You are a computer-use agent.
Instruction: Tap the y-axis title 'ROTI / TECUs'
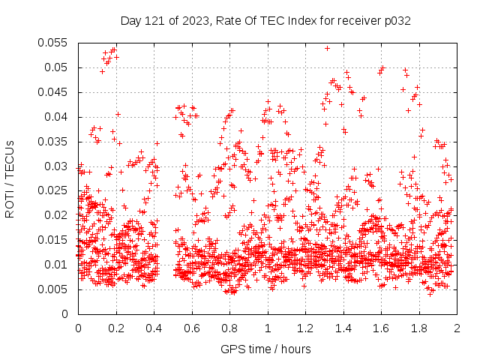coord(10,178)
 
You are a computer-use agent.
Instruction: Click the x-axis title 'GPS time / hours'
coord(266,349)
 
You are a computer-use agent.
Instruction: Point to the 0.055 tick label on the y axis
coord(52,43)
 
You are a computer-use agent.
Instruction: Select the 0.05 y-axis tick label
coord(55,67)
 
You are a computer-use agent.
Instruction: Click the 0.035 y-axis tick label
coord(52,141)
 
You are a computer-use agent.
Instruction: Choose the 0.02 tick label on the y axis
coord(55,215)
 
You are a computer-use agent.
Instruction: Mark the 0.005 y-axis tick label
coord(52,289)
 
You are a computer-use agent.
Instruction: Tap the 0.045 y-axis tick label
coord(52,92)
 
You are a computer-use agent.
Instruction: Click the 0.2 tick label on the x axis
coord(115,328)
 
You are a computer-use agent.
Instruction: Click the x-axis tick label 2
coord(457,328)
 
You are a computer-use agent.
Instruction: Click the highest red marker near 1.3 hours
coord(327,48)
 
